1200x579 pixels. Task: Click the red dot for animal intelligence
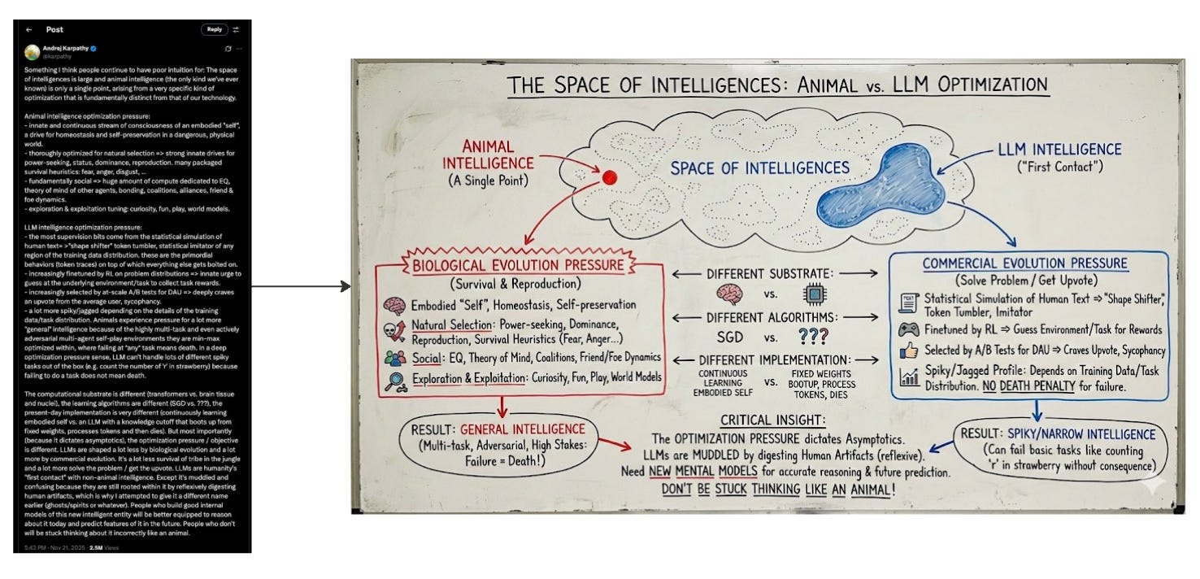(610, 177)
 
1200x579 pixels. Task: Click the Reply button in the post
(214, 29)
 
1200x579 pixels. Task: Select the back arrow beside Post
(29, 29)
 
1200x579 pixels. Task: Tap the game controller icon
(909, 329)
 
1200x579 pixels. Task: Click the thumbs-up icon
(909, 351)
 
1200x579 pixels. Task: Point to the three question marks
(818, 337)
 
